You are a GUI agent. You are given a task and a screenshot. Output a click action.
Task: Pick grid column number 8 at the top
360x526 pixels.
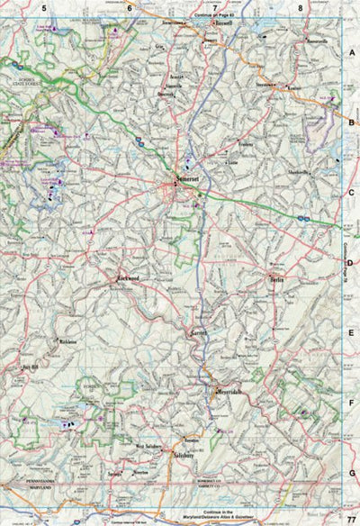tap(300, 8)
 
